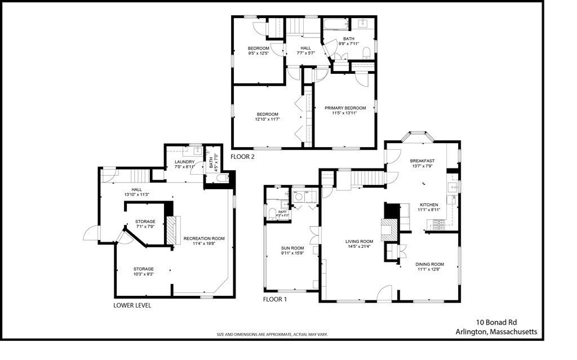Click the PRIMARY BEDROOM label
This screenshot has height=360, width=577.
tap(345, 108)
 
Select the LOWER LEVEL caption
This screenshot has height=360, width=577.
tap(132, 305)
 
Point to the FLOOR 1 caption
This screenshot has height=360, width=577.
tap(275, 299)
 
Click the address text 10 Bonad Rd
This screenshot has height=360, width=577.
tap(496, 322)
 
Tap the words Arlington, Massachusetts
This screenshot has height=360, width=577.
tap(496, 332)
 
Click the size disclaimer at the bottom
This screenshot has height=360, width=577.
tap(272, 334)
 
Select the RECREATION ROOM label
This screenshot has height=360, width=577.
tap(204, 238)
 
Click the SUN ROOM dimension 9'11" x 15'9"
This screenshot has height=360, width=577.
tap(292, 253)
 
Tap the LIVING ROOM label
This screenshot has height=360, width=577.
tap(359, 242)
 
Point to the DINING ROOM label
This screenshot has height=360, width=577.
tap(430, 264)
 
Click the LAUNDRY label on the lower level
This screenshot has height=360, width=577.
tap(184, 162)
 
